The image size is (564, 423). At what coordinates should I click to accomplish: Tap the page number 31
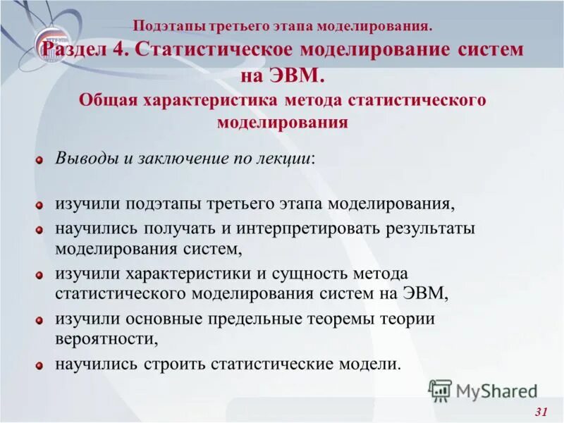pos(541,412)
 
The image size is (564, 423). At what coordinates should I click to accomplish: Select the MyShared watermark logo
pos(483,391)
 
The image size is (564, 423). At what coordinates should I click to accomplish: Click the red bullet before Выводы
pos(40,159)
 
